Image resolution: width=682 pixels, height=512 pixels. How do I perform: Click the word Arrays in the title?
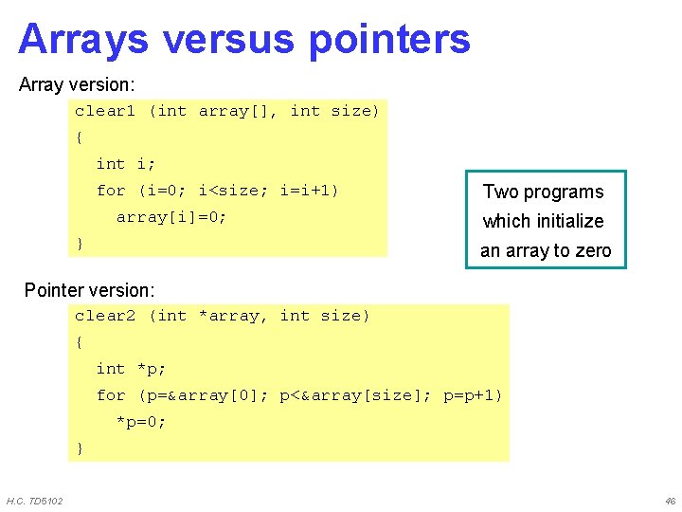(x=83, y=40)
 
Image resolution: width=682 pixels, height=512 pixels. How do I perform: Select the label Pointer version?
(x=89, y=289)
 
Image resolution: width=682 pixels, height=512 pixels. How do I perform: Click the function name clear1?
(x=106, y=112)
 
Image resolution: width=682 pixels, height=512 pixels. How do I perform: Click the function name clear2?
(x=106, y=316)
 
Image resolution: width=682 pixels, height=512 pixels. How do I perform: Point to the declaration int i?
(x=126, y=164)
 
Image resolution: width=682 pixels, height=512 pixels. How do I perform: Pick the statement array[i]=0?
(x=171, y=217)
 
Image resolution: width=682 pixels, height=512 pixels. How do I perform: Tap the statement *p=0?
(x=141, y=422)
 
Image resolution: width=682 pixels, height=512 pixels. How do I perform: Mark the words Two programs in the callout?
(x=543, y=192)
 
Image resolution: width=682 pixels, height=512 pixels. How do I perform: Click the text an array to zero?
(x=546, y=251)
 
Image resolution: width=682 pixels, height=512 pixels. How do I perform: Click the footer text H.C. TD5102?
(x=35, y=501)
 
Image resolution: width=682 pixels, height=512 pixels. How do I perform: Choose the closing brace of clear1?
(x=80, y=244)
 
